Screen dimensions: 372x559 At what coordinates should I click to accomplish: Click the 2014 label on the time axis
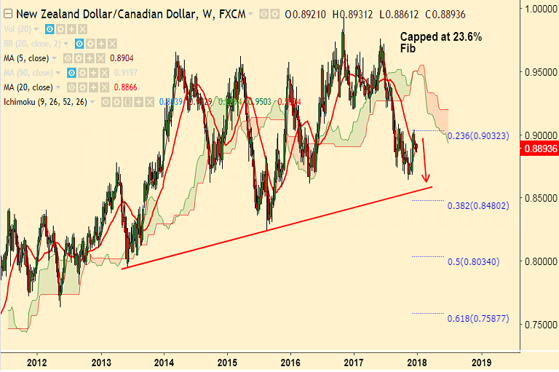(x=164, y=362)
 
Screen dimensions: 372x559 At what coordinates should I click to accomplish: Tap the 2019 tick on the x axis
(x=481, y=362)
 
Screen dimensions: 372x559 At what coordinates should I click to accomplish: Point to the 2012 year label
(x=36, y=362)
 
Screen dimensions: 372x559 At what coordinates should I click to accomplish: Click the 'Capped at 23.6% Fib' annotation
(x=441, y=41)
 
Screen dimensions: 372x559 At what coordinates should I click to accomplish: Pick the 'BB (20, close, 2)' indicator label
(x=33, y=42)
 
